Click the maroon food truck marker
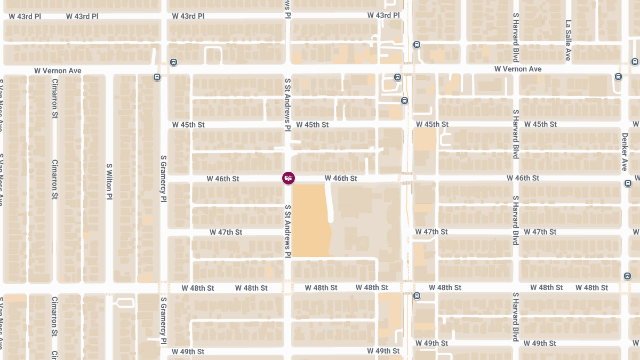click(288, 178)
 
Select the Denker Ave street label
click(625, 152)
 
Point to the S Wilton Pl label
click(109, 181)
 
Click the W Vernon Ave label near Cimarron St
click(58, 70)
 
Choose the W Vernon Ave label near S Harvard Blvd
click(517, 69)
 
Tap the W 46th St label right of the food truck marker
click(341, 178)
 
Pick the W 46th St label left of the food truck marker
click(223, 179)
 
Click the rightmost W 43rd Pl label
click(383, 15)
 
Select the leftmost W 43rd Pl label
click(25, 16)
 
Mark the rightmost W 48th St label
click(591, 287)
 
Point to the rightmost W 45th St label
click(540, 124)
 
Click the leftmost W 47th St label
click(226, 233)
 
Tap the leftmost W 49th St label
click(188, 352)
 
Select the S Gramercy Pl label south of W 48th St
click(163, 320)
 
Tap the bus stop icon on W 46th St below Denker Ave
click(627, 183)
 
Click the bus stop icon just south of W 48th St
click(417, 296)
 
